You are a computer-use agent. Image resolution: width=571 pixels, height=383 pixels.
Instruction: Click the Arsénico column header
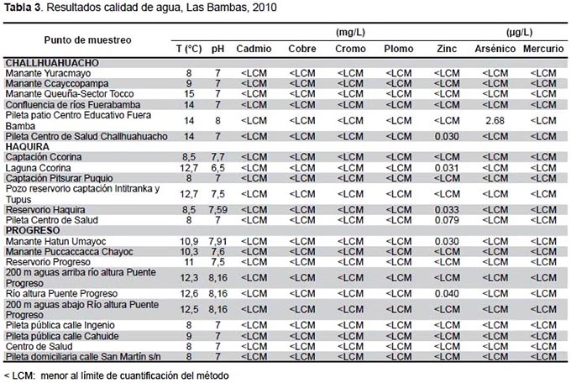[x=495, y=49]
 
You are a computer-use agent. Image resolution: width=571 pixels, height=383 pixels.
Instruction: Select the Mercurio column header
[x=543, y=49]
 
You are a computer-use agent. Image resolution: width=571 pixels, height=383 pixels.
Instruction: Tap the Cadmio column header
[x=254, y=49]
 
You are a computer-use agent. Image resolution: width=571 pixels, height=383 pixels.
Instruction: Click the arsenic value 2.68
[x=495, y=120]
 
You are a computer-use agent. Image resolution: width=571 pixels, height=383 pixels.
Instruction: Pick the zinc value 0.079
[x=447, y=220]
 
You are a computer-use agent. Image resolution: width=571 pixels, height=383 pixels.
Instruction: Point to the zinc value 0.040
[x=447, y=294]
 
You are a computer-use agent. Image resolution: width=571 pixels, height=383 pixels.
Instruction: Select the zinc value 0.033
[x=447, y=210]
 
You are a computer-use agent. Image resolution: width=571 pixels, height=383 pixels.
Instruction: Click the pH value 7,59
[x=217, y=210]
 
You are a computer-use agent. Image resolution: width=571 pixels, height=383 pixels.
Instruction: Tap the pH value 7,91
[x=217, y=241]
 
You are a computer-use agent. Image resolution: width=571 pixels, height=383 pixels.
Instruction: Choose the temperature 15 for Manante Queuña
[x=189, y=94]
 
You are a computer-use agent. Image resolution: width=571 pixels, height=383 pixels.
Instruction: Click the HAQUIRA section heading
[x=28, y=147]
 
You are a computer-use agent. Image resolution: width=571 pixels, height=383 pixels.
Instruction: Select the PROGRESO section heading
[x=33, y=231]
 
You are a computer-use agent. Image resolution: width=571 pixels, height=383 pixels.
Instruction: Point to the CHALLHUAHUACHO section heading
[x=52, y=63]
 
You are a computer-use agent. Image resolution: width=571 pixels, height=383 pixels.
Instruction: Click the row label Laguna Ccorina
[x=39, y=168]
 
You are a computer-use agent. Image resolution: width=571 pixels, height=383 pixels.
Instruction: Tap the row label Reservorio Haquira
[x=45, y=210]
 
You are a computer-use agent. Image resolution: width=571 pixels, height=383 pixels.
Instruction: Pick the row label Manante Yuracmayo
[x=48, y=73]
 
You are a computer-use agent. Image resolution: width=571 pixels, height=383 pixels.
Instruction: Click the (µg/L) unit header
[x=519, y=33]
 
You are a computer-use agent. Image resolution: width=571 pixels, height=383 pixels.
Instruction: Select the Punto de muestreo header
[x=88, y=40]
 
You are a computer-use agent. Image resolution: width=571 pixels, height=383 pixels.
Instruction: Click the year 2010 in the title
[x=264, y=8]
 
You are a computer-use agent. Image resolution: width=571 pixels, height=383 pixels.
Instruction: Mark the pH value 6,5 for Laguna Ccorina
[x=217, y=168]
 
